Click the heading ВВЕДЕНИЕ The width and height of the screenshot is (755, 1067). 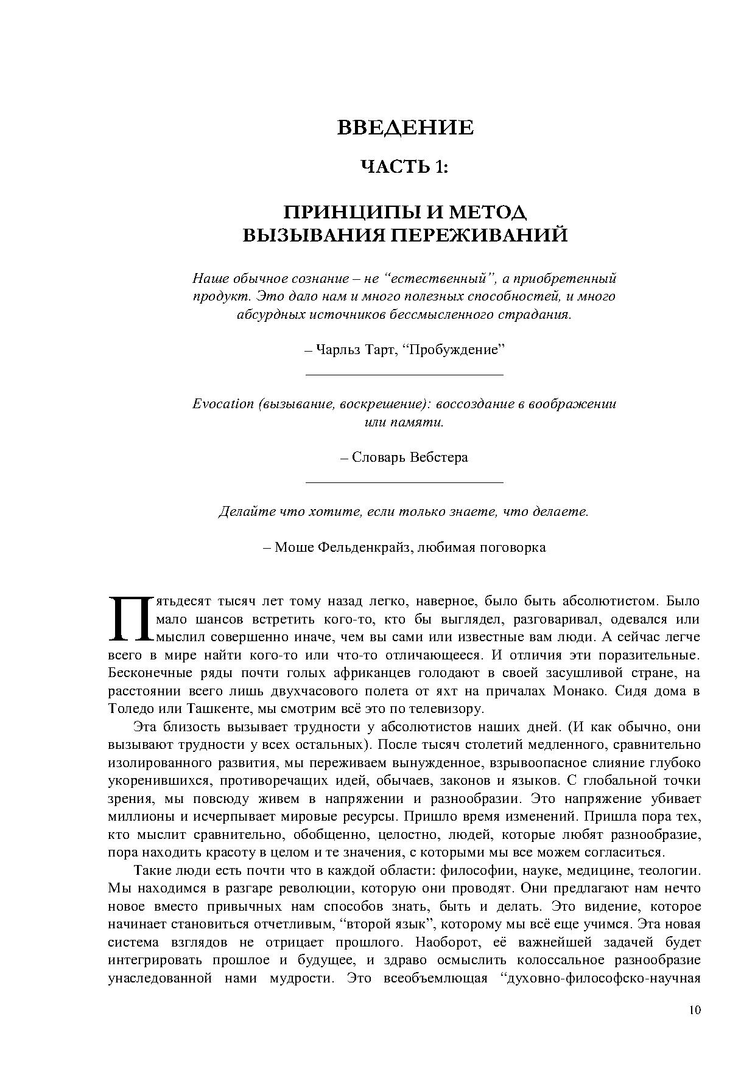[x=405, y=128]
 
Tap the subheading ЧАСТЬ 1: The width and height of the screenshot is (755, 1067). [x=405, y=167]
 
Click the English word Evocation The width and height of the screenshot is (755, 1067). [x=223, y=404]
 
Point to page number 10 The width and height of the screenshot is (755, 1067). [x=695, y=1010]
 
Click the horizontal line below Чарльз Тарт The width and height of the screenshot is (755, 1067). [x=404, y=375]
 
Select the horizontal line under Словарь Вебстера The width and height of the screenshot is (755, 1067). [x=404, y=482]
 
